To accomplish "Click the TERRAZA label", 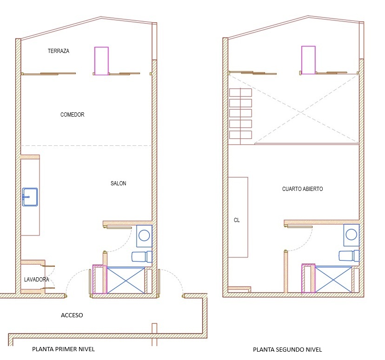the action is click(59, 51).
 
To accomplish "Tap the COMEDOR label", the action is click(72, 115).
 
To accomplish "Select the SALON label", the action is click(119, 183).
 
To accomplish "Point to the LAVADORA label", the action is click(36, 279).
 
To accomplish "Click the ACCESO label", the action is click(72, 315).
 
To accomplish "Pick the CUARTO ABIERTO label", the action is click(302, 189).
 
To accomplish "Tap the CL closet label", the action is click(237, 220).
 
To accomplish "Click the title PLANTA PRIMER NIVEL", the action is click(63, 349).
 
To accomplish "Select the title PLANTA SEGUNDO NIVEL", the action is click(287, 349).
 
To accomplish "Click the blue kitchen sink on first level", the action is click(30, 197).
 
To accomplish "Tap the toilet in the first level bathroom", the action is click(142, 257).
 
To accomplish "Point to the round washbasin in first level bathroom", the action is click(144, 236).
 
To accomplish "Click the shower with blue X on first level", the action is click(126, 280).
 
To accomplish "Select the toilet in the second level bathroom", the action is click(349, 256).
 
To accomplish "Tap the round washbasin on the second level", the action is click(352, 235).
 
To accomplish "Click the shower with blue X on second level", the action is click(333, 279).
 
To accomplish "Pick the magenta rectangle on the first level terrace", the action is click(101, 61).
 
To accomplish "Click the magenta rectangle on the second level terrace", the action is click(308, 60).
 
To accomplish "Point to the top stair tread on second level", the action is click(241, 92).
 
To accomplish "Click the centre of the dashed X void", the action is click(301, 112).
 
